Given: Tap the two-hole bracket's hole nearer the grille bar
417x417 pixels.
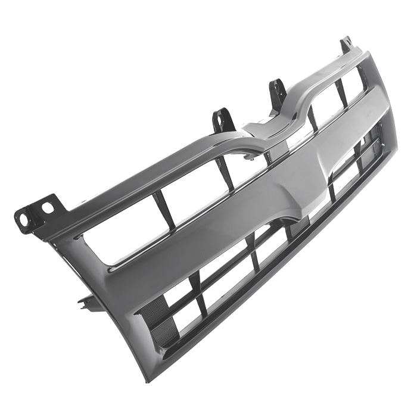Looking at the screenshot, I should [x=46, y=207].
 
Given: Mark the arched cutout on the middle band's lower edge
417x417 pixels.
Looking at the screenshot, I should [x=286, y=220].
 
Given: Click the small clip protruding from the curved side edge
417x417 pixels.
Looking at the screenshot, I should [x=87, y=302].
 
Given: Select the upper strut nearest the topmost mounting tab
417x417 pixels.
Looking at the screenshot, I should [x=341, y=92].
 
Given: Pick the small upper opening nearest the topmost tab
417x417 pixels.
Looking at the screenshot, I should [x=353, y=83].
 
